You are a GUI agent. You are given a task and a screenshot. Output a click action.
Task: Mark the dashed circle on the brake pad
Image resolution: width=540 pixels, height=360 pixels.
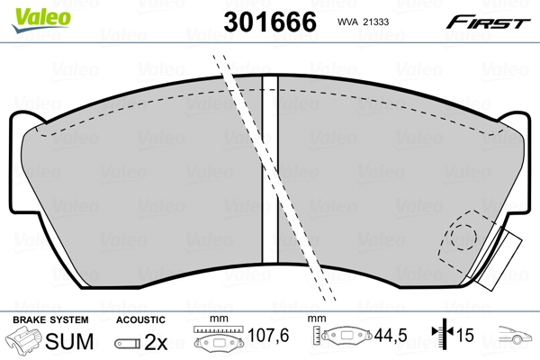(461, 238)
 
